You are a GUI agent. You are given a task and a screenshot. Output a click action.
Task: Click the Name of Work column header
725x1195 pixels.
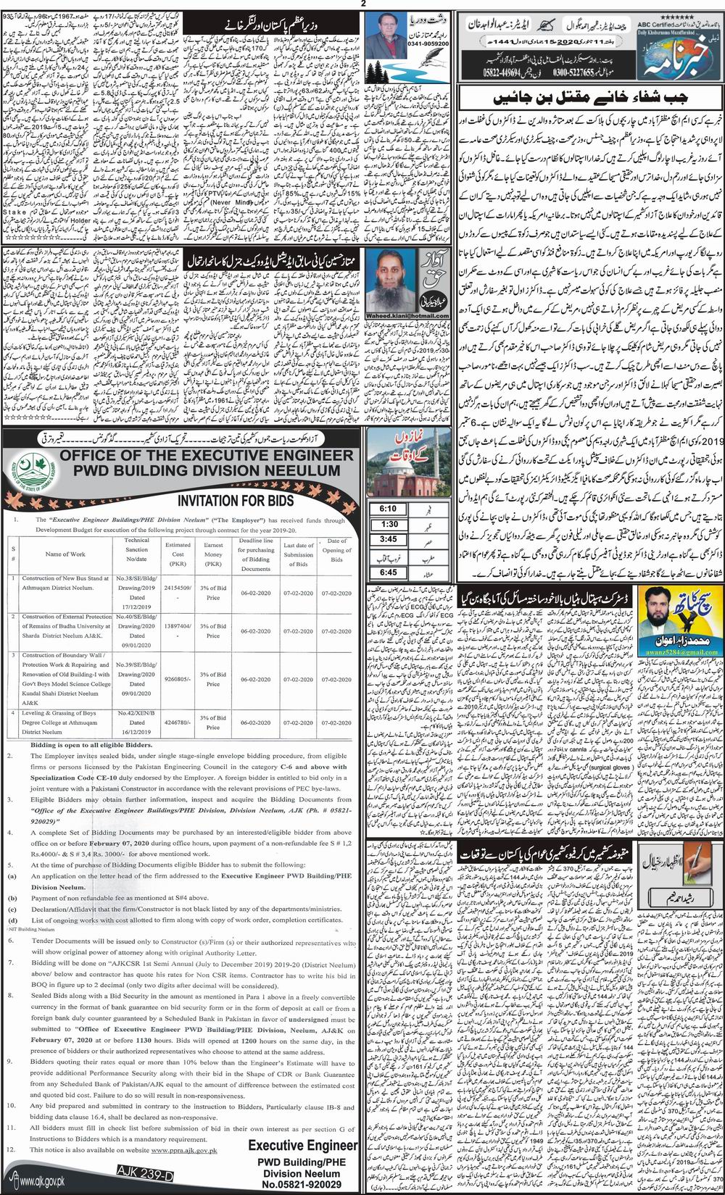pyautogui.click(x=65, y=554)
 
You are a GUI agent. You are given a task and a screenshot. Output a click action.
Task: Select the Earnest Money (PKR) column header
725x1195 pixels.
pyautogui.click(x=213, y=554)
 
